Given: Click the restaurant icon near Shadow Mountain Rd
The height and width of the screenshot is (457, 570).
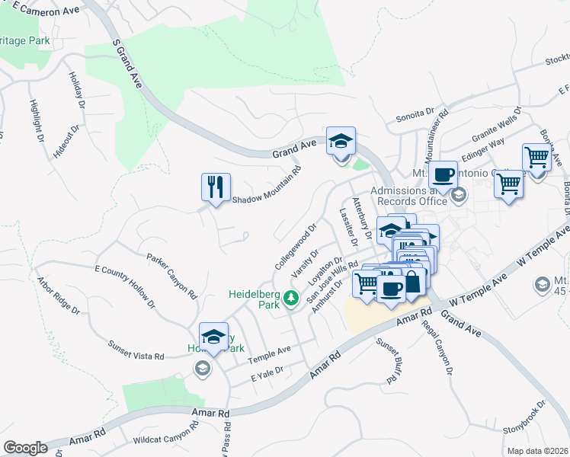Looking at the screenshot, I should [x=215, y=186].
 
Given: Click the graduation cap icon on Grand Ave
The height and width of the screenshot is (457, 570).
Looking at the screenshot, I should [x=341, y=140].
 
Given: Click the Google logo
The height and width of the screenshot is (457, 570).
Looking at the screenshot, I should [x=25, y=448].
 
